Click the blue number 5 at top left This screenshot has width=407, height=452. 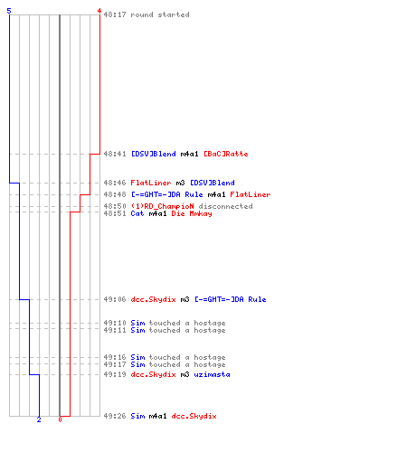click(x=9, y=11)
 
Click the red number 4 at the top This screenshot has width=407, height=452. click(x=99, y=11)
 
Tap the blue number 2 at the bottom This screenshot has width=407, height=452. click(x=39, y=419)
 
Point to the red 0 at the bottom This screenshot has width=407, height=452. click(x=60, y=419)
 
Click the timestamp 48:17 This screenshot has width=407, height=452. click(x=115, y=14)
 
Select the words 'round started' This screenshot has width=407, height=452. click(x=160, y=14)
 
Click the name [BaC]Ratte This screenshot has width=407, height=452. click(x=226, y=154)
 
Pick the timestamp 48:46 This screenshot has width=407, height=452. click(x=115, y=183)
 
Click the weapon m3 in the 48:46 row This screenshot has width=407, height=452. click(x=180, y=183)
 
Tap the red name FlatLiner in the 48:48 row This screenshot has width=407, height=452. click(x=251, y=194)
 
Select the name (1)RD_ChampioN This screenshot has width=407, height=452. click(x=162, y=206)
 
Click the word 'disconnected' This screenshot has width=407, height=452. click(x=225, y=206)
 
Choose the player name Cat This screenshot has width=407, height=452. click(x=137, y=213)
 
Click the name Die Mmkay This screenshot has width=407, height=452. click(x=192, y=213)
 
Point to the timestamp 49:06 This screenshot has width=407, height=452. click(x=115, y=299)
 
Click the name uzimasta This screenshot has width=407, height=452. click(x=212, y=374)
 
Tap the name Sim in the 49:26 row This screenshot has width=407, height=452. click(x=137, y=416)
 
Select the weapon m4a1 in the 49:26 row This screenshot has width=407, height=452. click(x=157, y=416)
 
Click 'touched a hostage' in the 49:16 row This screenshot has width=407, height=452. click(x=187, y=357)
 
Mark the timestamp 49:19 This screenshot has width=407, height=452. click(x=115, y=374)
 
